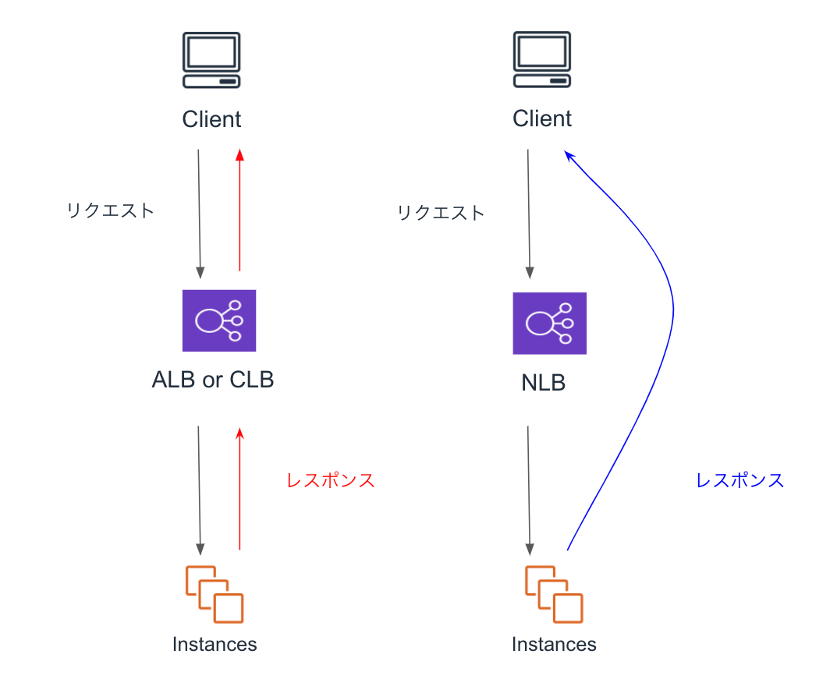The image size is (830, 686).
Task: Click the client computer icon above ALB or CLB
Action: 211,61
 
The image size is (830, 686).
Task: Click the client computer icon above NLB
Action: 542,61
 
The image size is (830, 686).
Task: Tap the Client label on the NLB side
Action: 542,118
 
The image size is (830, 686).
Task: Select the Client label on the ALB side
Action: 211,119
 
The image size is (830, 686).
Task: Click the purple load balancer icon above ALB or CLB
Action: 218,320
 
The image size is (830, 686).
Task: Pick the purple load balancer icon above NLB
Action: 549,322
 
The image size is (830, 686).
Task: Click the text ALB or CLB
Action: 213,380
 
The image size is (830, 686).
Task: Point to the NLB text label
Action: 543,383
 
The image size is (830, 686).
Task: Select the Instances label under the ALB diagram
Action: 215,645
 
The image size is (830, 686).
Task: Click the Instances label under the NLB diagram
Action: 554,645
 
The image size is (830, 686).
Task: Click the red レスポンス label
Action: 331,480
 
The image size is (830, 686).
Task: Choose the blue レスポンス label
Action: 740,480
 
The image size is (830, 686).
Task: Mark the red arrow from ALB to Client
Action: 239,210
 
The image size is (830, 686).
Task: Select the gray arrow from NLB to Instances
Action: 530,488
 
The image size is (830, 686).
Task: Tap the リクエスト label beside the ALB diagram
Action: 111,210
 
